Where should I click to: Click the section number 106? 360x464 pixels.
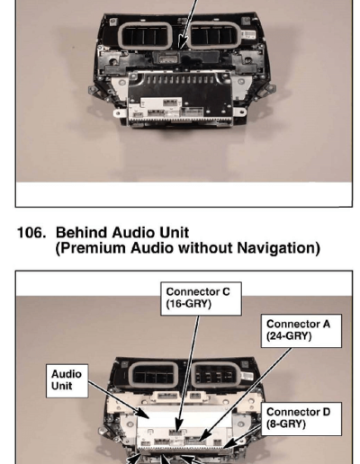(x=31, y=233)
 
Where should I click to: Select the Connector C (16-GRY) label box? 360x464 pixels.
(x=201, y=299)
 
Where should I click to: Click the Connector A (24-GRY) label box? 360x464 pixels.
(x=301, y=331)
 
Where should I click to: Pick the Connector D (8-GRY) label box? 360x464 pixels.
(x=301, y=419)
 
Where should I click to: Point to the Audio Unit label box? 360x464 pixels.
(x=67, y=381)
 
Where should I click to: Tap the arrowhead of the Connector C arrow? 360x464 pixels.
(x=178, y=426)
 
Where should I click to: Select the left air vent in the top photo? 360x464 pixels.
(x=145, y=36)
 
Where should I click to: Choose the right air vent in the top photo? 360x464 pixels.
(x=213, y=35)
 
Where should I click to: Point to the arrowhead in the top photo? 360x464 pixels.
(x=183, y=42)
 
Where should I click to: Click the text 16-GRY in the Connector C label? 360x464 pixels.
(x=189, y=304)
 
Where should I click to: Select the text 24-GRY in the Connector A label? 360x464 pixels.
(x=289, y=336)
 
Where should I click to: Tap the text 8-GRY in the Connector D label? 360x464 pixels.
(x=286, y=424)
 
